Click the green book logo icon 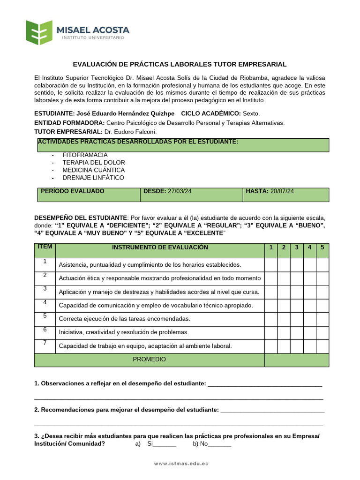[x=39, y=32]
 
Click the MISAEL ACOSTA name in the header [x=93, y=30]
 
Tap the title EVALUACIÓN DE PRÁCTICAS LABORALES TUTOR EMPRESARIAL [x=180, y=64]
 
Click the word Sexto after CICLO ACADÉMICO [x=251, y=114]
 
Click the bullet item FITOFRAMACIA [x=85, y=155]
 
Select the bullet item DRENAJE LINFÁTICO [x=93, y=178]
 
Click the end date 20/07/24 [x=282, y=191]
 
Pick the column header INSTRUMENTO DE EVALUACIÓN [x=160, y=247]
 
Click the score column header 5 [x=322, y=247]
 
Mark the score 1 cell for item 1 [x=271, y=265]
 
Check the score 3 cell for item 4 [x=296, y=306]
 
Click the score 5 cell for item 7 [x=322, y=346]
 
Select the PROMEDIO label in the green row [x=149, y=360]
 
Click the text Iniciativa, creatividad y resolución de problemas [x=123, y=332]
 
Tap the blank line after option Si [x=165, y=445]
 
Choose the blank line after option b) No [x=219, y=445]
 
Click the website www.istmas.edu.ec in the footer [x=181, y=464]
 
